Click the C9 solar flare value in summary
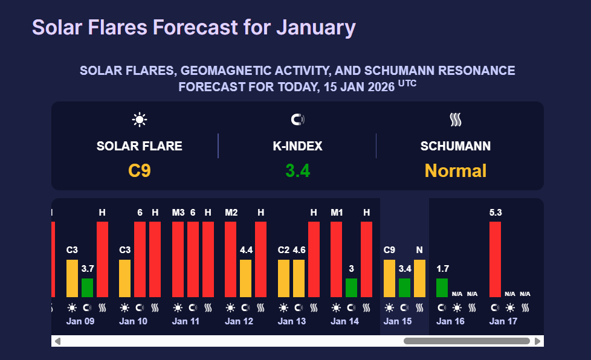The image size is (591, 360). point(140,171)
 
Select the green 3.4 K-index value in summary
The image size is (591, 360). point(297,171)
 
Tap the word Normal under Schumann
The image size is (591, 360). point(456,171)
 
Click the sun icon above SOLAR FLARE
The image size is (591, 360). point(140,120)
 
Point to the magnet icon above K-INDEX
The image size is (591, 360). point(297,120)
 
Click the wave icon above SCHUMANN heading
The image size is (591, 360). point(456,120)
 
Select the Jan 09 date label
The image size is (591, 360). point(80,321)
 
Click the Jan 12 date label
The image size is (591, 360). point(239,321)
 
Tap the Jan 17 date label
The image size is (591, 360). point(503,321)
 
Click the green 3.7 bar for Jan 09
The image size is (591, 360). point(88,288)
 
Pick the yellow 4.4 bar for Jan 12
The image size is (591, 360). point(246,278)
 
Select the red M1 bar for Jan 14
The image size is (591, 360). point(337,259)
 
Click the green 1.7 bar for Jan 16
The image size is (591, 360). point(442,288)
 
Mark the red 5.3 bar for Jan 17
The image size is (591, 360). point(496,259)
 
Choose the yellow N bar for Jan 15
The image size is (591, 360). point(419,278)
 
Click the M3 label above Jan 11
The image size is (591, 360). point(178,213)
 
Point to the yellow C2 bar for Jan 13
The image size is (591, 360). point(283,278)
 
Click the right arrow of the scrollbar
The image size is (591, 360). point(538,341)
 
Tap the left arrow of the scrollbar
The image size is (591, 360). point(57,341)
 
